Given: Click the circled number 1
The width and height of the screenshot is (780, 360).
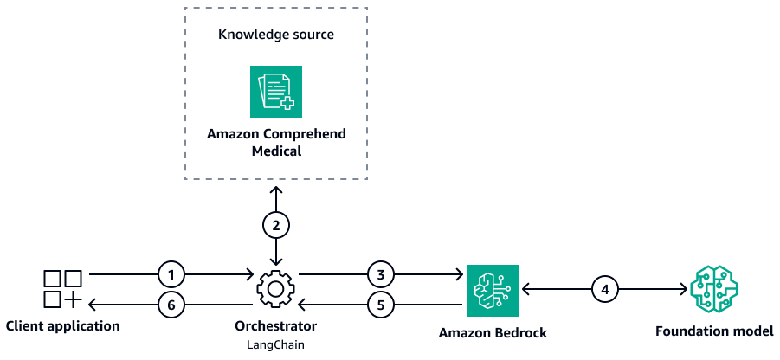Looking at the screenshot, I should (172, 275).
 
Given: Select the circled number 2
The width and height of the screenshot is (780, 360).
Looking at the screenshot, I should (276, 225).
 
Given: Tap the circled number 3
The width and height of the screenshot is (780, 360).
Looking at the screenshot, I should (380, 275).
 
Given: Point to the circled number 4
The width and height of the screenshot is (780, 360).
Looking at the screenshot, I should (606, 289).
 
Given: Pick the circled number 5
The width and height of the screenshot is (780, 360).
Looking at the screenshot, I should (380, 304).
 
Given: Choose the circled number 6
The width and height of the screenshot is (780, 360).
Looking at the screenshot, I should (172, 304).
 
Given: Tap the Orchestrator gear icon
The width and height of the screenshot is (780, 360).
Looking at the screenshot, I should (276, 289).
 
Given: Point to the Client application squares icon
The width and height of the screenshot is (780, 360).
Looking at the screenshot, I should (62, 289).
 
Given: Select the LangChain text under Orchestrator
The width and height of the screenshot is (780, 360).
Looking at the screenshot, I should (276, 345).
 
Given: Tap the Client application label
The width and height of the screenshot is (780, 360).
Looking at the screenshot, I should (62, 326).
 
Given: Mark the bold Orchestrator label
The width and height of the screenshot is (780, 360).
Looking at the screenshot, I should (276, 327).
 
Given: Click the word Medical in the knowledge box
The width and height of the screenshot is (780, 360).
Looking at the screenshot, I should (276, 151).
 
